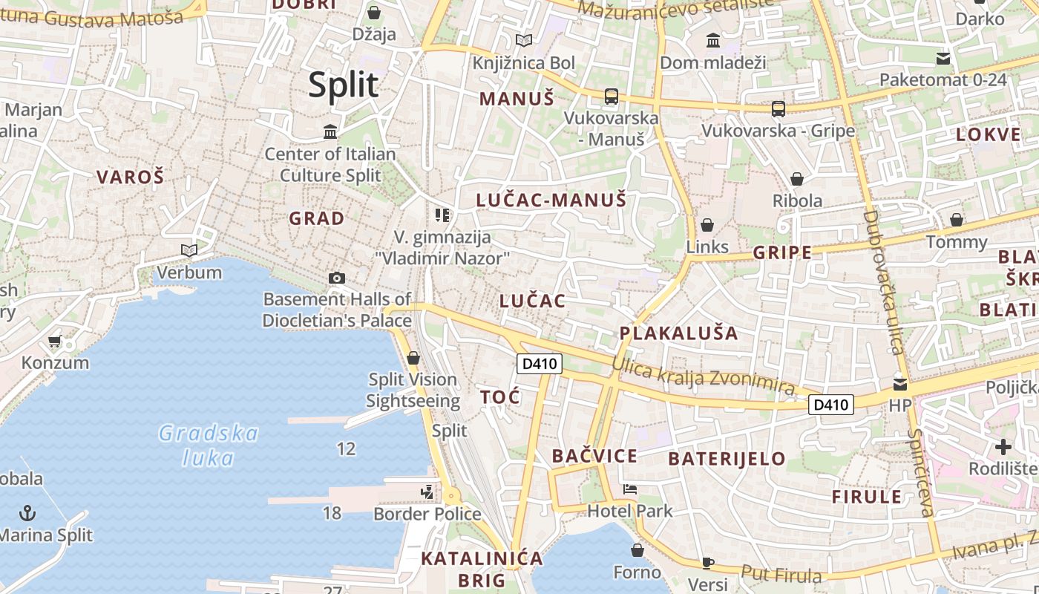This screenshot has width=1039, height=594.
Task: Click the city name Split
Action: [x=343, y=85]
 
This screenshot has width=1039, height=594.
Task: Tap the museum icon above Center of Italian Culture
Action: [x=330, y=132]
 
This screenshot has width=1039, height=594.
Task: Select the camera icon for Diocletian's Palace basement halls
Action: [x=337, y=278]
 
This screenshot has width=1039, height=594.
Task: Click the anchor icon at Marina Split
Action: [x=27, y=512]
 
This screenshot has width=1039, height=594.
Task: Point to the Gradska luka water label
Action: [x=209, y=445]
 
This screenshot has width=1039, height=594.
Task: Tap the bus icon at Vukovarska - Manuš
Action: [x=611, y=96]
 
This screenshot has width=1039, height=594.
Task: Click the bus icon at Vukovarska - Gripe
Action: [x=778, y=109]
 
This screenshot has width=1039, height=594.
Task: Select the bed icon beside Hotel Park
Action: [x=630, y=489]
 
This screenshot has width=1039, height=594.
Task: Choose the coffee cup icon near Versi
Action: [x=708, y=563]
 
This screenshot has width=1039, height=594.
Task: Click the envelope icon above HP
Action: [x=900, y=384]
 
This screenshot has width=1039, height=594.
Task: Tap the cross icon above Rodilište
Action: [x=1003, y=447]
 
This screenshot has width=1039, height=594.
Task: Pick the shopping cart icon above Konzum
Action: [x=54, y=342]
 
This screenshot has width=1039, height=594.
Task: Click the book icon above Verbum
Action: [x=189, y=250]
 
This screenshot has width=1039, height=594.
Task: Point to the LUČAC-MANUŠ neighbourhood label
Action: [x=551, y=200]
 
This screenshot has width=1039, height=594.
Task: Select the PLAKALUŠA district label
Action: [x=678, y=333]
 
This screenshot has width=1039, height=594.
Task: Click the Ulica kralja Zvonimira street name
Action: [x=703, y=376]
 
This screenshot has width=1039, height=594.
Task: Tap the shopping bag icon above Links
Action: [x=707, y=224]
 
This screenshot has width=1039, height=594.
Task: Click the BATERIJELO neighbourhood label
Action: [x=727, y=459]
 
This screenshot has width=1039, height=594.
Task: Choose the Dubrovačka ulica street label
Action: [x=883, y=282]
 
